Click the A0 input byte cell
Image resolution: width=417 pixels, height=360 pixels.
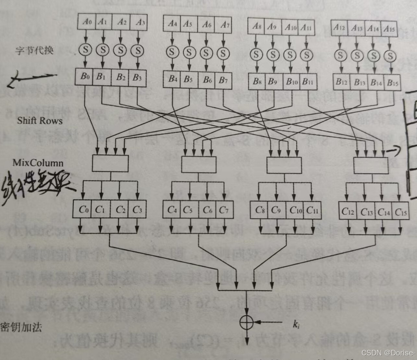click(x=87, y=22)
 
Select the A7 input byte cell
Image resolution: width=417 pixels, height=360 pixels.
click(x=225, y=24)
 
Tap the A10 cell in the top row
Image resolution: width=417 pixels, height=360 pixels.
click(x=290, y=27)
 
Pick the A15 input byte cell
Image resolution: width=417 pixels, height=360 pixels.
click(x=389, y=29)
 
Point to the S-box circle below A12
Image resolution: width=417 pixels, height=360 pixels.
click(x=340, y=56)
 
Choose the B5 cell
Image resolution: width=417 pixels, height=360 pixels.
click(x=188, y=80)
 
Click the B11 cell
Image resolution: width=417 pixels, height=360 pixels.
click(x=307, y=81)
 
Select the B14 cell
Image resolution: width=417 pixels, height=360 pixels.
click(x=376, y=83)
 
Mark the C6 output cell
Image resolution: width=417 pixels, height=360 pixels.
click(x=207, y=210)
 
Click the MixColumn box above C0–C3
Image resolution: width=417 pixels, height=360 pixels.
click(x=110, y=163)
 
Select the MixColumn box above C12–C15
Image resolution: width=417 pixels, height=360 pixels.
click(x=371, y=165)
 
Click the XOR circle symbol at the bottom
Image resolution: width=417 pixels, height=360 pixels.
click(x=246, y=322)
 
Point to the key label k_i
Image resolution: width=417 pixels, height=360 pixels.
click(x=296, y=324)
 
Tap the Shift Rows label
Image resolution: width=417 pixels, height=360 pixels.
click(x=40, y=121)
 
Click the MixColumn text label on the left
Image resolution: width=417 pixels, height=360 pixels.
click(x=38, y=162)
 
